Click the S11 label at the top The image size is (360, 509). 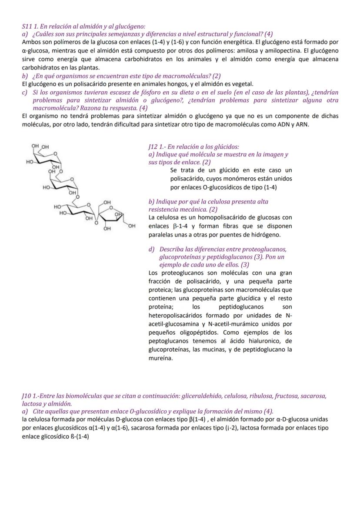coord(27,27)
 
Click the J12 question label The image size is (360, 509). coord(154,147)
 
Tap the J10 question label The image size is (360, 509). coord(27,396)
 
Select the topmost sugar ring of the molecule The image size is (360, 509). coord(47,157)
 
